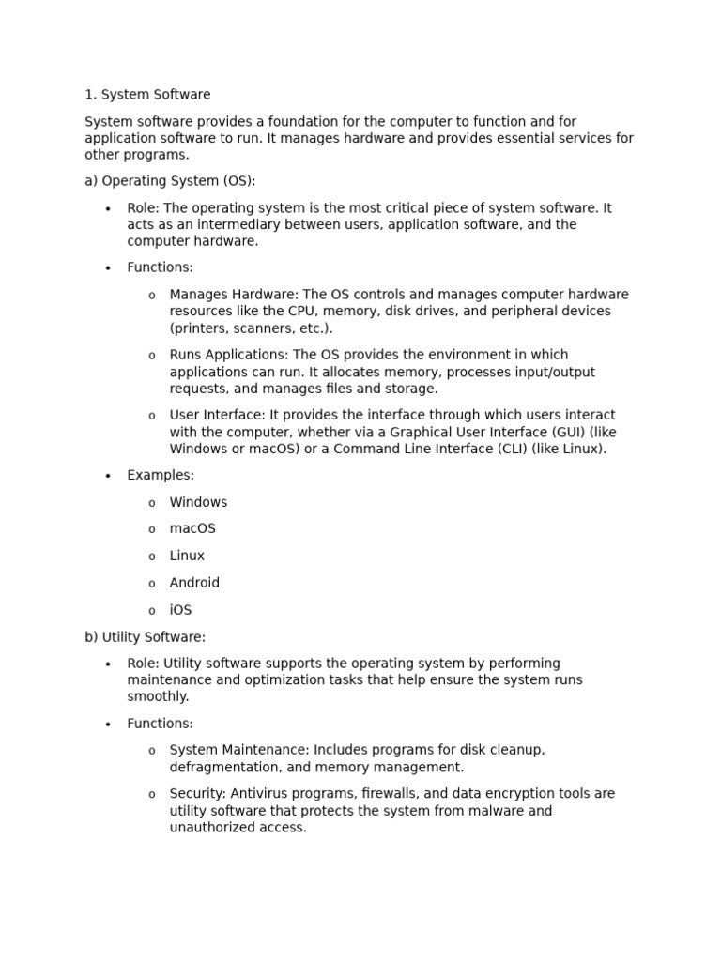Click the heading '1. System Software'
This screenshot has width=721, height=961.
[x=147, y=95]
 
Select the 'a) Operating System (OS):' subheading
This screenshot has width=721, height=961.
[x=170, y=181]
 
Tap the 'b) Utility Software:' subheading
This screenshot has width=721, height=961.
[x=145, y=637]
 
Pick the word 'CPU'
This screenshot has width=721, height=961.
[x=321, y=312]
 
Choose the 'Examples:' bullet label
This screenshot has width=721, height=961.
[x=161, y=476]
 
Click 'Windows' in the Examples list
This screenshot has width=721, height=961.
[x=198, y=503]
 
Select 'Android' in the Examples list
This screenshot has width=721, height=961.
[x=194, y=583]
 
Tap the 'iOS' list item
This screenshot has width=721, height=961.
[x=180, y=610]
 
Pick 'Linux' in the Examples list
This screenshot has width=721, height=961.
[x=187, y=557]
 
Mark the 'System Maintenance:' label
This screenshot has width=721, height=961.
[x=239, y=751]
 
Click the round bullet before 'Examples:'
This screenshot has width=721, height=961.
[x=108, y=477]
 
